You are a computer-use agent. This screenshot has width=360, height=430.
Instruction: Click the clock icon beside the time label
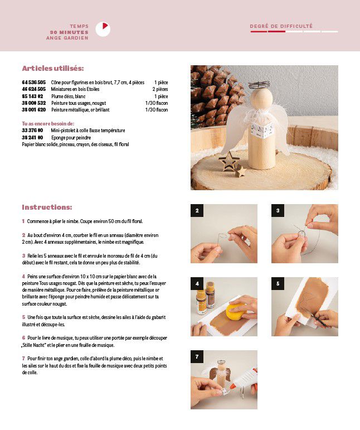tap(103, 30)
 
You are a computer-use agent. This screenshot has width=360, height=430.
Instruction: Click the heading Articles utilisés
tap(53, 68)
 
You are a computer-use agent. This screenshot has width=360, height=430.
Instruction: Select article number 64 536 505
tap(33, 83)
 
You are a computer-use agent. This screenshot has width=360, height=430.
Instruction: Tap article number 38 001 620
tap(33, 110)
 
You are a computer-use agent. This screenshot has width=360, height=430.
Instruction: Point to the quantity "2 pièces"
tap(160, 89)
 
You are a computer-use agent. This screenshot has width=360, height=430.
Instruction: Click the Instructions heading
tap(47, 207)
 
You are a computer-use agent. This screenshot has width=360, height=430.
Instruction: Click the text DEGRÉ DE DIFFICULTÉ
tap(281, 26)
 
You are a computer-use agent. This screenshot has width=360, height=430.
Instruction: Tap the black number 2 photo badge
tap(197, 211)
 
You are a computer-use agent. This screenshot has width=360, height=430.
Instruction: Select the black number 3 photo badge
tap(278, 211)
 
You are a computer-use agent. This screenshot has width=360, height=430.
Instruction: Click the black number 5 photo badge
tap(278, 283)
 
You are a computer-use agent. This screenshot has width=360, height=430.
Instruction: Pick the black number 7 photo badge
tap(197, 356)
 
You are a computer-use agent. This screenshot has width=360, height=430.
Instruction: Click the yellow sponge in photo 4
tap(234, 312)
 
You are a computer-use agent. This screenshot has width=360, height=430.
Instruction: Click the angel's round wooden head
tap(262, 99)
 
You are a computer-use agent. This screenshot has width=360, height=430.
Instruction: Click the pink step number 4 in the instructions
tap(23, 277)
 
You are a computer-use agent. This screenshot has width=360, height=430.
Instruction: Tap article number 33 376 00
tap(32, 131)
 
